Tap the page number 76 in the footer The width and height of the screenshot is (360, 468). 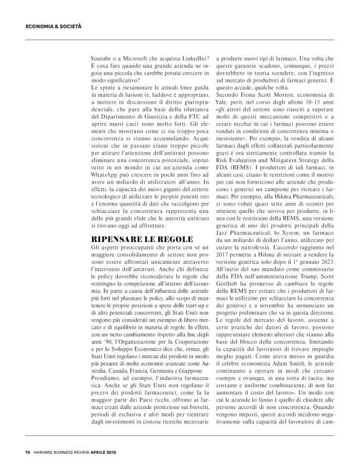[27, 452]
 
